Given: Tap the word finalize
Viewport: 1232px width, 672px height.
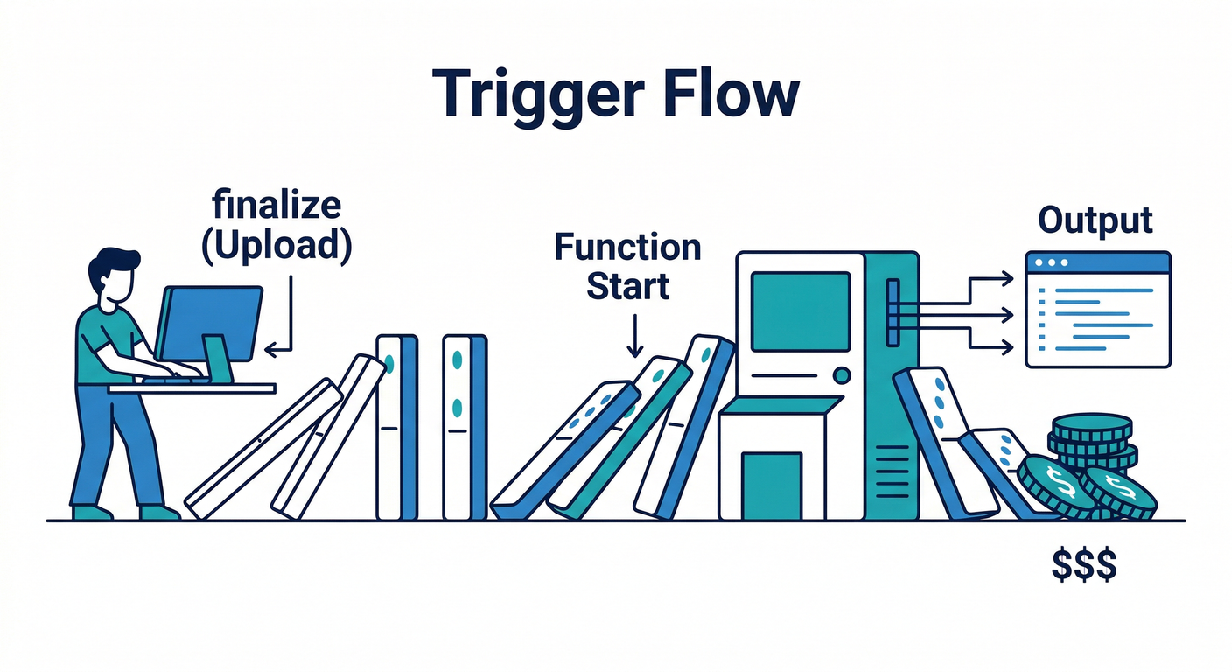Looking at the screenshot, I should tap(277, 206).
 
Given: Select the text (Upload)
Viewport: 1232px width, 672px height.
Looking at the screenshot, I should tap(276, 246).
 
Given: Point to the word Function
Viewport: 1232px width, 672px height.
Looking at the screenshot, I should tap(627, 248).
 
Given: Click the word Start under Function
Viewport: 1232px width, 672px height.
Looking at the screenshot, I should tap(627, 285).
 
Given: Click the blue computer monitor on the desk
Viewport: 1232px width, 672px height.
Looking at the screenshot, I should tap(209, 320).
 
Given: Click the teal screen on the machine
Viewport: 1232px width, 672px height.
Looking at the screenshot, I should tap(800, 311).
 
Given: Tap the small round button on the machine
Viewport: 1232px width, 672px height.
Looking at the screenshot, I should tap(842, 375).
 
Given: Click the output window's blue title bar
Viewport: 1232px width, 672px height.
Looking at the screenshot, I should tap(1097, 262).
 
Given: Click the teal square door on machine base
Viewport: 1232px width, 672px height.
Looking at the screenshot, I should tap(771, 484).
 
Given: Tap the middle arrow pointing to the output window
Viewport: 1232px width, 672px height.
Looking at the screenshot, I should tap(971, 312).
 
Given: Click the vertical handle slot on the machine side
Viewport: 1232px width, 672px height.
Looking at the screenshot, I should tap(892, 312).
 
